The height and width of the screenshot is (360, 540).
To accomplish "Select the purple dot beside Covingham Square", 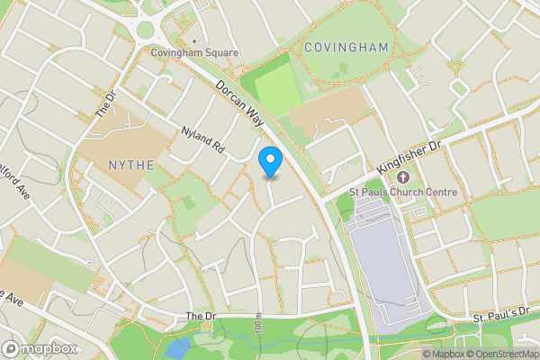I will tap(194, 40).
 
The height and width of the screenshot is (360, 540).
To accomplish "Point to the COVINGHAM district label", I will tap(346, 47).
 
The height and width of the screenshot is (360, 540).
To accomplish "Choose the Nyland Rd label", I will tap(203, 139).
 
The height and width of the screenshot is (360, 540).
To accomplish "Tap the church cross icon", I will tap(402, 177).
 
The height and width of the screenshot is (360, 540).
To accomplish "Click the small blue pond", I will tap(176, 346).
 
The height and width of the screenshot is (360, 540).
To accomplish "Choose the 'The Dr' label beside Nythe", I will tap(106, 105).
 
